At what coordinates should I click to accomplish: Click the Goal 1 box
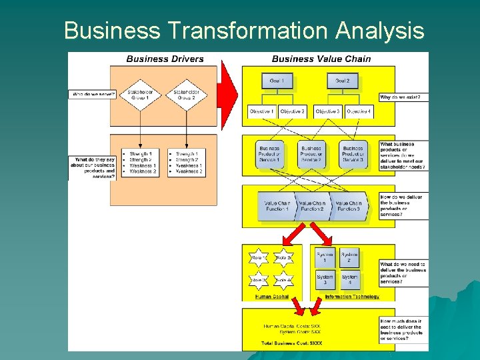point(277,81)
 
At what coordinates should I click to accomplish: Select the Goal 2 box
point(343,81)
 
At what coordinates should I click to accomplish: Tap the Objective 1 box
point(262,111)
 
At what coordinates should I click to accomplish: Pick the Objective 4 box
point(359,111)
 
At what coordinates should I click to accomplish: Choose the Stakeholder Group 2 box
point(185,94)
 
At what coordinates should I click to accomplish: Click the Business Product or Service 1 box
point(269,155)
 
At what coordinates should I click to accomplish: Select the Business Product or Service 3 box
point(353,155)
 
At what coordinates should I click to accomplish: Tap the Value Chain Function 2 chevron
point(312,206)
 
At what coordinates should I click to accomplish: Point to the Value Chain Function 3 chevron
point(348,206)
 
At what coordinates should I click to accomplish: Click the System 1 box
point(325,257)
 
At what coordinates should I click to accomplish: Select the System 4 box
point(350,280)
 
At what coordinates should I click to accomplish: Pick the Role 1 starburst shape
point(259,257)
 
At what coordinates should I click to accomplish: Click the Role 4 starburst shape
point(284,281)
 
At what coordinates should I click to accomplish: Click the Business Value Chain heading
point(321,59)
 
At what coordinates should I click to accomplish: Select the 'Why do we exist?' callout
point(404,97)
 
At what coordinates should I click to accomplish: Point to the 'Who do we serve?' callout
point(92,94)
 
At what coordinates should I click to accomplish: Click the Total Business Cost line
point(291,343)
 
